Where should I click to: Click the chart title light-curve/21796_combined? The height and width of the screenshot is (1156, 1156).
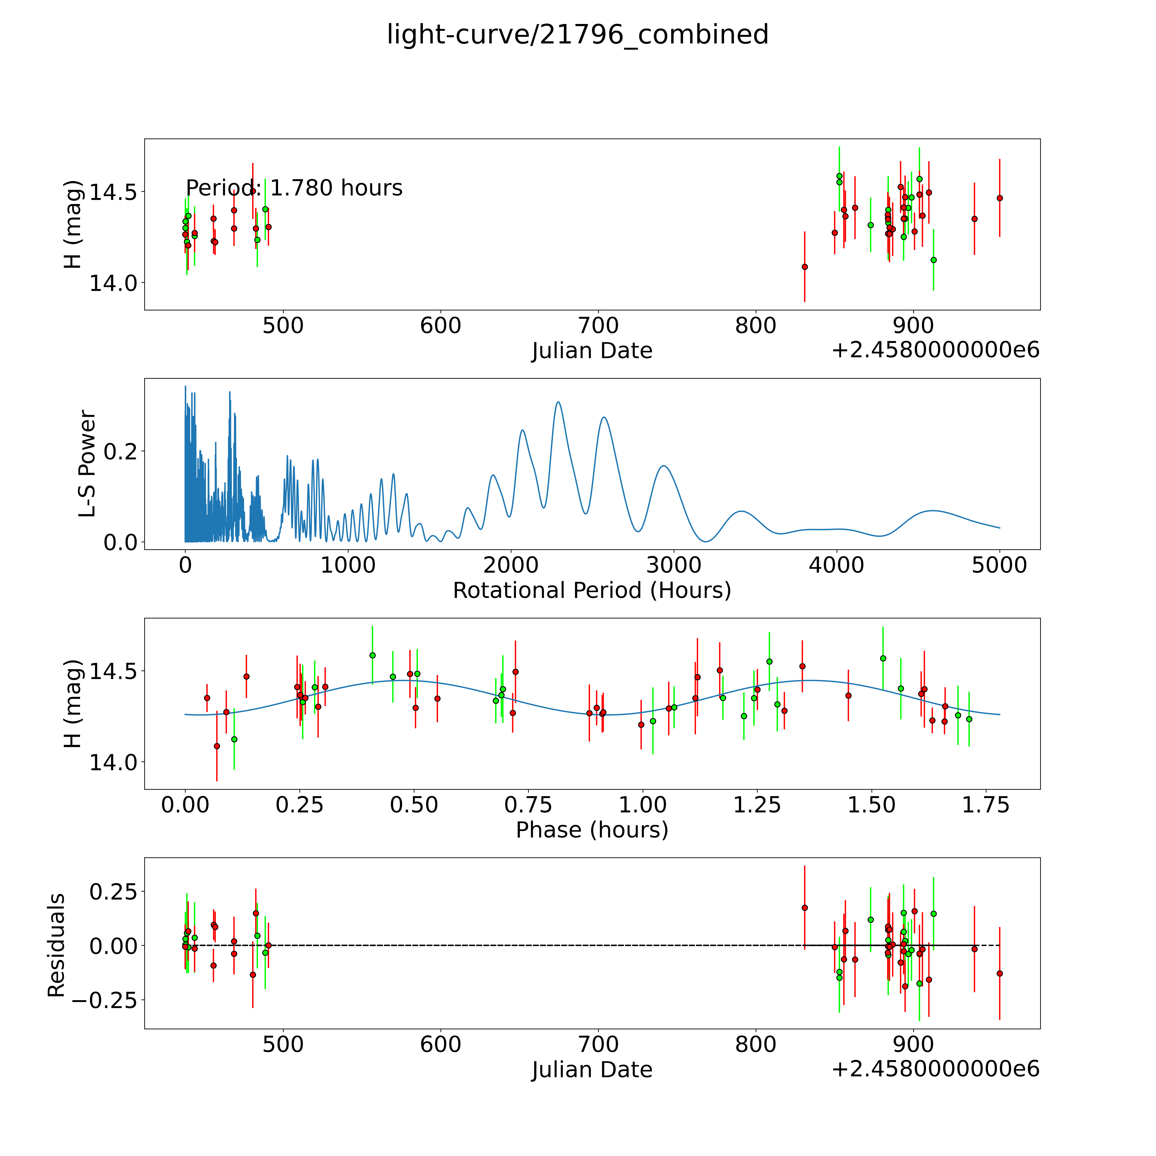(577, 35)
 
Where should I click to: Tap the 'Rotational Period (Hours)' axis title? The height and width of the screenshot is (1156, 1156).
(592, 591)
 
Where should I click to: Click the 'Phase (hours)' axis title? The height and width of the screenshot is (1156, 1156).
(592, 830)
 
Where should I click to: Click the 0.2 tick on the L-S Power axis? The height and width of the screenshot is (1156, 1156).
(121, 451)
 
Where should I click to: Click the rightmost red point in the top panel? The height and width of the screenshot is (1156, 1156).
(999, 198)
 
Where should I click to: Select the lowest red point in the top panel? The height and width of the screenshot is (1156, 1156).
(805, 267)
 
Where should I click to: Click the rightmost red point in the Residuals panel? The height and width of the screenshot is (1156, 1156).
(999, 974)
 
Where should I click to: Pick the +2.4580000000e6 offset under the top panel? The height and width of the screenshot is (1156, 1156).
(935, 350)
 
